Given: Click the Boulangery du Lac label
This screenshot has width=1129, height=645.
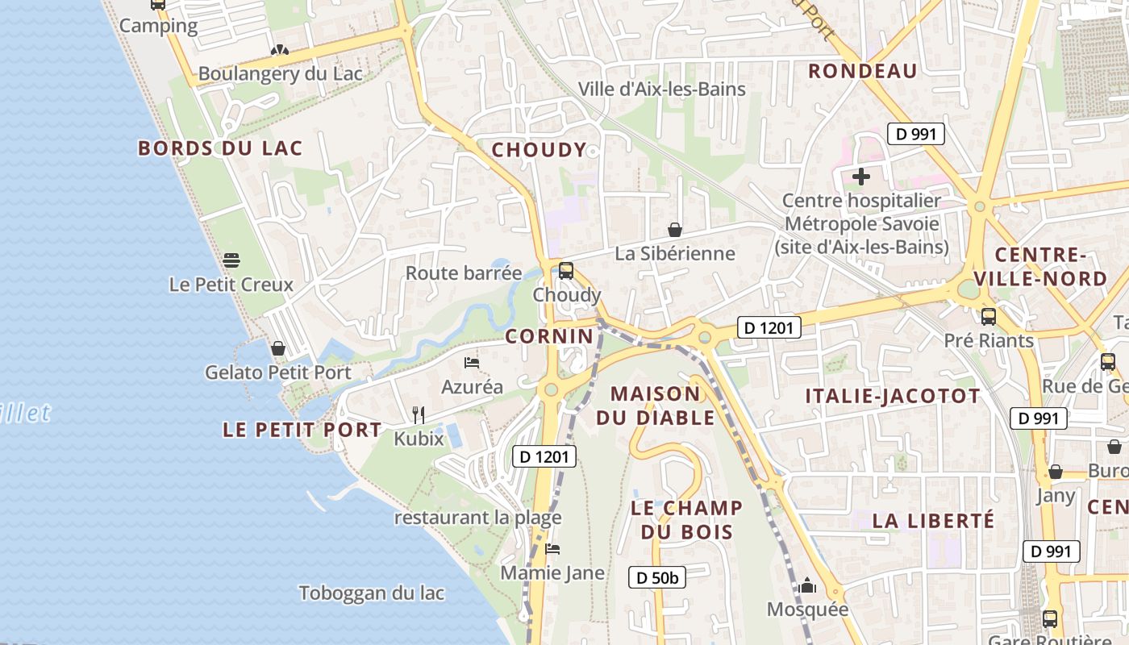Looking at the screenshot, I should point(280,73).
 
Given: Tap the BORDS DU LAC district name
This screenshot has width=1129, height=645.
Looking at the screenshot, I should point(220,148).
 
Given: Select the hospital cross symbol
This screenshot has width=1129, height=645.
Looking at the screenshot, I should point(861,176).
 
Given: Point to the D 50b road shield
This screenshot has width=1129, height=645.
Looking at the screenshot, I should point(656,577).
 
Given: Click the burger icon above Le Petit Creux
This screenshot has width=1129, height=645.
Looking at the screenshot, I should point(231,260).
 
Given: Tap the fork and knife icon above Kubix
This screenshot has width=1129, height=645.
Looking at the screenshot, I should point(418,414).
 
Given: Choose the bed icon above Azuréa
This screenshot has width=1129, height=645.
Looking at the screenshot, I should point(472,363).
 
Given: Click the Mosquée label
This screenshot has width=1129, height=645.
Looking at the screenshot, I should point(807,609).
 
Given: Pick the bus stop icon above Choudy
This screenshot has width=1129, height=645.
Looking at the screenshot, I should point(566,271).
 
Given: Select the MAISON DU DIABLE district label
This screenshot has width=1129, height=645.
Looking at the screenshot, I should point(655,406).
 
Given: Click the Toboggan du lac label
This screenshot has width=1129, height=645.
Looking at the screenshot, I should point(372,593).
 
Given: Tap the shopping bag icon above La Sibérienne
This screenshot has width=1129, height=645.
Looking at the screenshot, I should point(675,230).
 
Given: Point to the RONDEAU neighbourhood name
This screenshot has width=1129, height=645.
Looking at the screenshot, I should point(863,71).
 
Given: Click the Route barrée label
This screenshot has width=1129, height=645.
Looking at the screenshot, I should point(464,273).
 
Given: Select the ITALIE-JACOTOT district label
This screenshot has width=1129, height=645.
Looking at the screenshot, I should point(893,396).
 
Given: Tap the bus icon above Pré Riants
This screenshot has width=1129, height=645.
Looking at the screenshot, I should point(989,316).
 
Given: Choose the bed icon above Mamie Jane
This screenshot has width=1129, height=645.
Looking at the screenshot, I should point(552,549).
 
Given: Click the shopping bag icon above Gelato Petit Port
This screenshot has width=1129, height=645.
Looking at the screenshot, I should point(278,348).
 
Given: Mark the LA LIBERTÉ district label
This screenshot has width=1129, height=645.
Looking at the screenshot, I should point(933,521).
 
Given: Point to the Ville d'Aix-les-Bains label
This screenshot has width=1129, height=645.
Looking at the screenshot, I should point(662,89).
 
